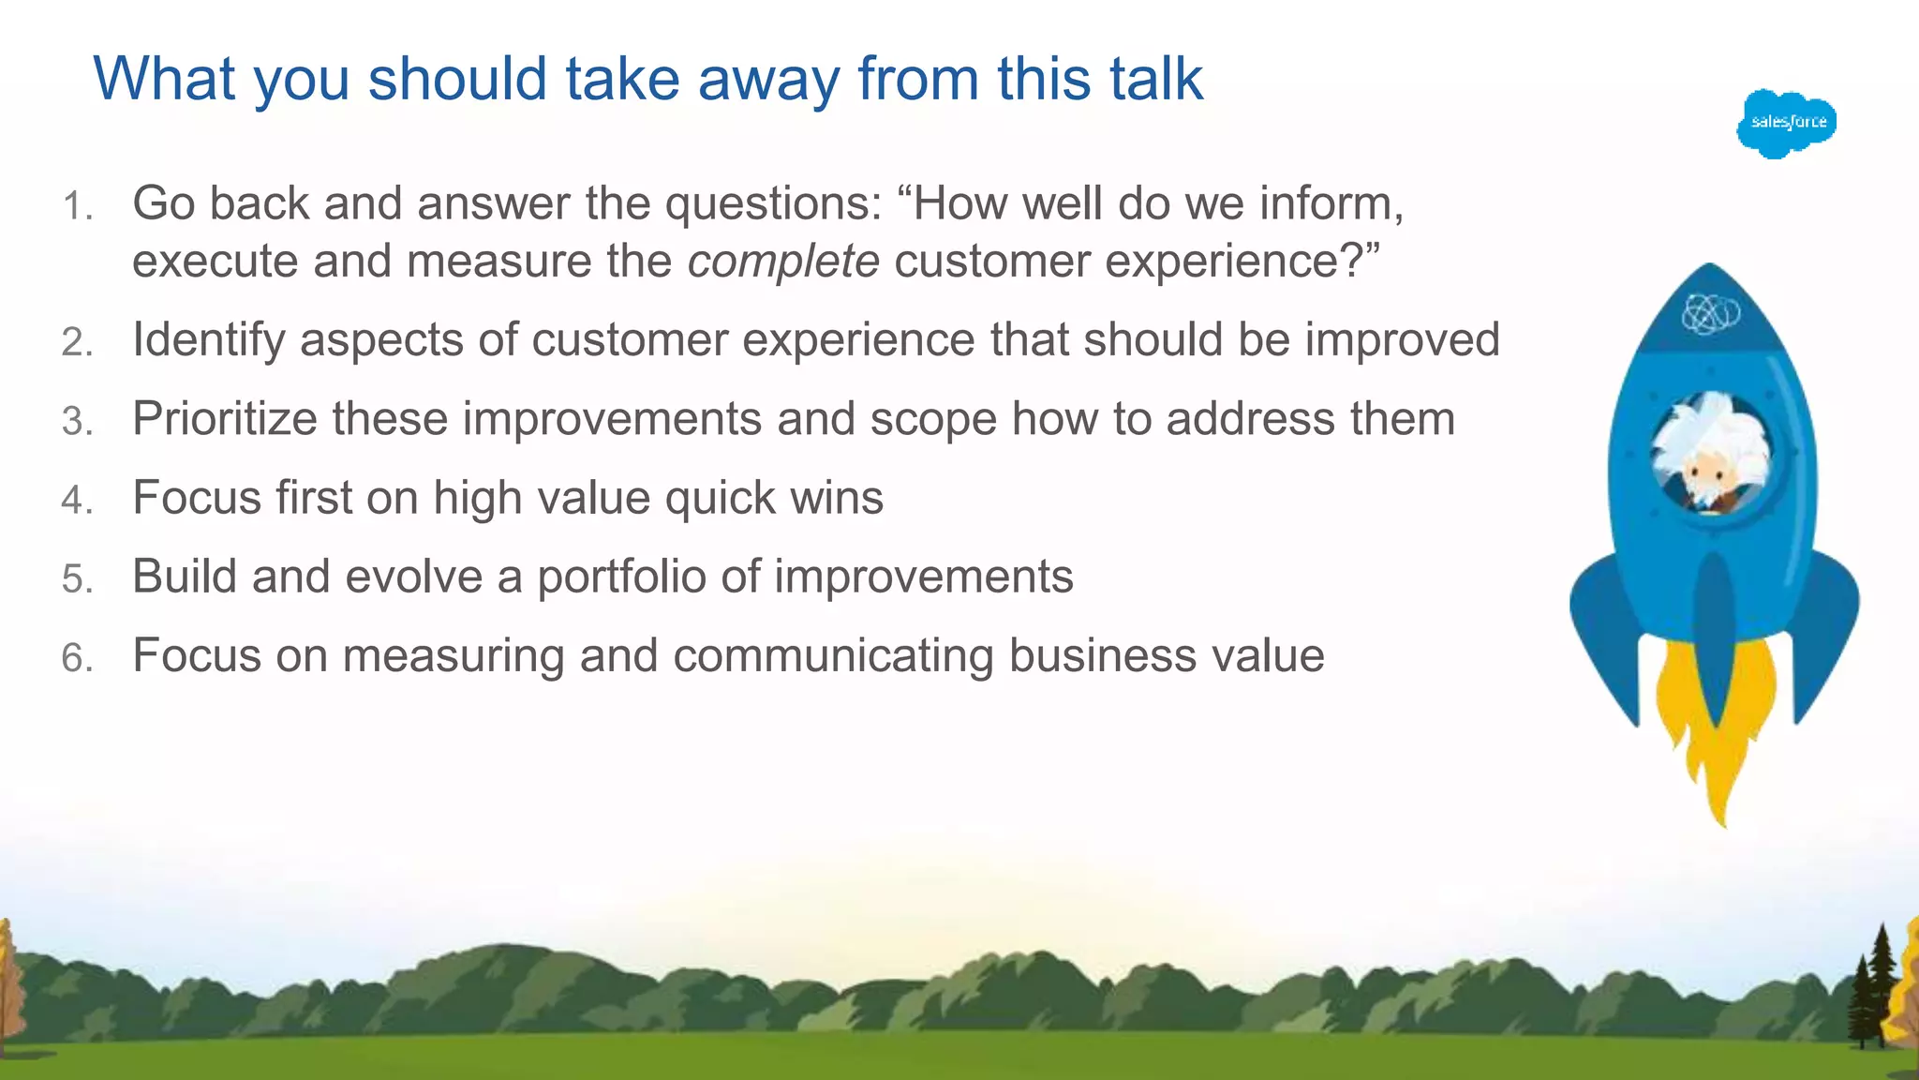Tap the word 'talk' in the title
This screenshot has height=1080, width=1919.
click(1155, 79)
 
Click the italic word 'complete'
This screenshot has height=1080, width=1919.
click(783, 262)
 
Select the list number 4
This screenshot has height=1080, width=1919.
click(76, 500)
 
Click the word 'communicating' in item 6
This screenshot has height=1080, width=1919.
click(833, 655)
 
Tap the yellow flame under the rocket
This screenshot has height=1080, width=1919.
click(1715, 741)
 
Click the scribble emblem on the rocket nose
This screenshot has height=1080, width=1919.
click(1711, 314)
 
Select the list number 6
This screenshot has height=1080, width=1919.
click(76, 657)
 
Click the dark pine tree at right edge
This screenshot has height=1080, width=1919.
click(1870, 989)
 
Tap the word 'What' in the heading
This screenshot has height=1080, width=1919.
click(164, 79)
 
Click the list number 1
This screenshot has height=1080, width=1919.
click(76, 206)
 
